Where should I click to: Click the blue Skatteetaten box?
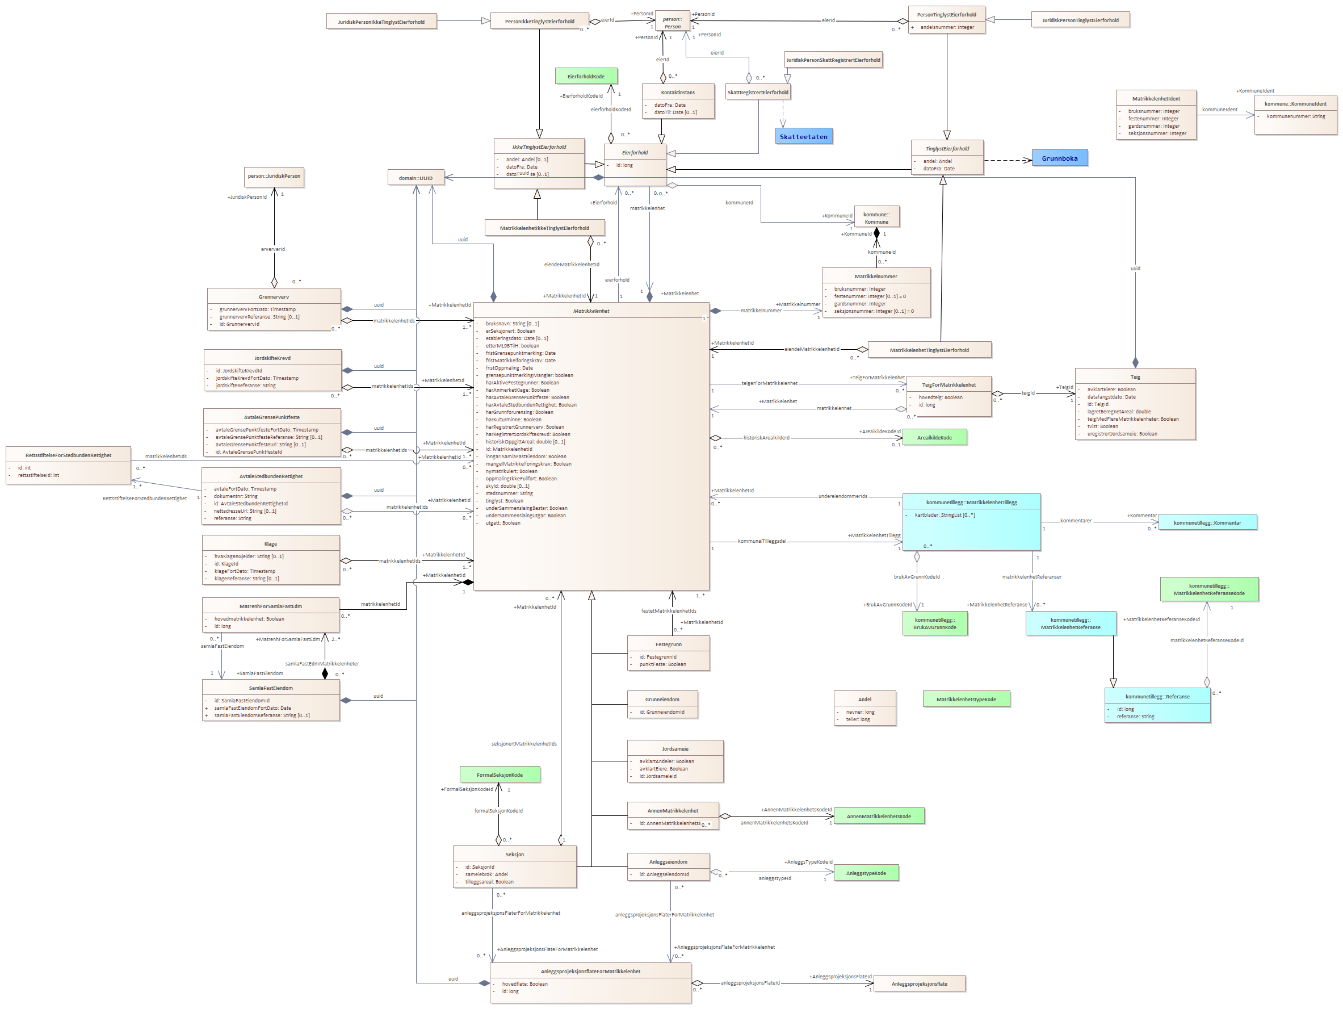pyautogui.click(x=803, y=137)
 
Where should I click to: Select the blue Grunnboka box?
pyautogui.click(x=1059, y=158)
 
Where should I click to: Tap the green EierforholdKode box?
pyautogui.click(x=586, y=77)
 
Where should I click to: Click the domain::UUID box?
pyautogui.click(x=416, y=178)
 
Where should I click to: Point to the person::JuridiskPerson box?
pyautogui.click(x=274, y=176)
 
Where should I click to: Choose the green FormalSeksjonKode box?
pyautogui.click(x=500, y=774)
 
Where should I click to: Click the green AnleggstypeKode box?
pyautogui.click(x=866, y=873)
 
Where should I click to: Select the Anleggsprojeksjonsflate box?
pyautogui.click(x=919, y=983)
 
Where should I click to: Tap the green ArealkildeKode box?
pyautogui.click(x=934, y=437)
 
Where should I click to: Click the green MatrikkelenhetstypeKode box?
pyautogui.click(x=966, y=699)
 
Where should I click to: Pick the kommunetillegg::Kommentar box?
pyautogui.click(x=1207, y=522)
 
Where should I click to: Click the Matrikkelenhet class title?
pyautogui.click(x=591, y=311)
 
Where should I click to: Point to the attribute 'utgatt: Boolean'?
pyautogui.click(x=503, y=523)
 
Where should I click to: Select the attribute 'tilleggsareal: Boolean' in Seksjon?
pyautogui.click(x=489, y=881)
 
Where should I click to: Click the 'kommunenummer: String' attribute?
pyautogui.click(x=1296, y=116)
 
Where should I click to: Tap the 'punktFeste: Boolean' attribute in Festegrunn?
pyautogui.click(x=662, y=664)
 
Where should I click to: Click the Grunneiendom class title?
pyautogui.click(x=662, y=699)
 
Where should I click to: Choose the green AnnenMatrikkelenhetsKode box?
pyautogui.click(x=879, y=817)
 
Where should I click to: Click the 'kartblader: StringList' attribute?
pyautogui.click(x=945, y=515)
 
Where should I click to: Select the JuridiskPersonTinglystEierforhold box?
pyautogui.click(x=1080, y=20)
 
